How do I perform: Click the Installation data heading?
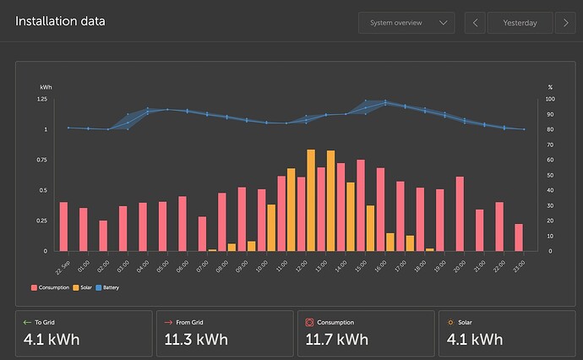[x=60, y=21]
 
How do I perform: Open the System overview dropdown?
[x=406, y=23]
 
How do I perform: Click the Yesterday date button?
[x=520, y=23]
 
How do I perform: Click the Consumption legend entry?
[x=51, y=288]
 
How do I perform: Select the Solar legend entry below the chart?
[x=86, y=288]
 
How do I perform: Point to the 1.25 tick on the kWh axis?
[x=41, y=100]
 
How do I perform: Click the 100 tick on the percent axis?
[x=551, y=100]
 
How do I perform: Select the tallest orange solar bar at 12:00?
[x=311, y=200]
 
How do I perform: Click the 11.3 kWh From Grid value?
[x=193, y=340]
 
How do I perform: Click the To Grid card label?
[x=47, y=322]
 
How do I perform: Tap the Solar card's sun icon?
[x=450, y=322]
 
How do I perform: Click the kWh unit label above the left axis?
[x=46, y=87]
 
